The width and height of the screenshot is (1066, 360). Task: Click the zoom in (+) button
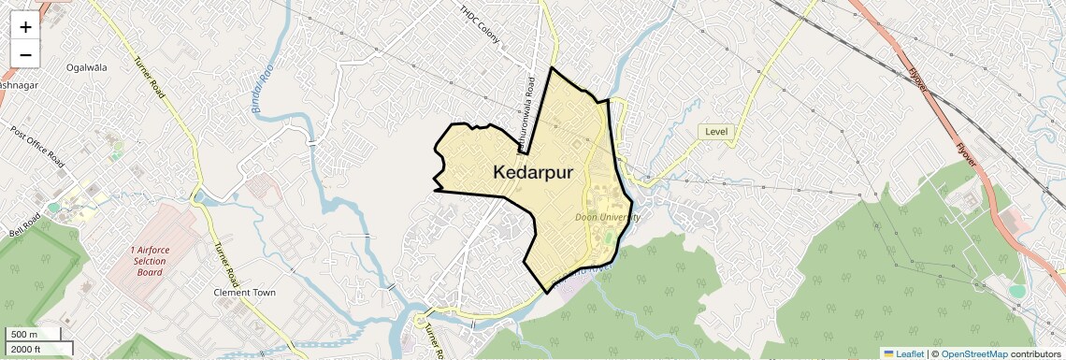25,27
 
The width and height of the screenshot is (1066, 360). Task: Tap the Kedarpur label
532,173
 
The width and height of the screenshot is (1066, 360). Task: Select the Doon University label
608,217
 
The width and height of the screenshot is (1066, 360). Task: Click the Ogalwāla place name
87,67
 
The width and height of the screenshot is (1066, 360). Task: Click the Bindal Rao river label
261,94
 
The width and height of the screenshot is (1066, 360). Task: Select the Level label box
716,132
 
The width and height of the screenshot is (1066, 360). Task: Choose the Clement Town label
245,293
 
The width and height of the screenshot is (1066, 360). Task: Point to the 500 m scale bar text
24,335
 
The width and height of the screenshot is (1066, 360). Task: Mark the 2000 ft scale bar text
26,349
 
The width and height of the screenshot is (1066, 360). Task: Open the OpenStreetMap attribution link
974,353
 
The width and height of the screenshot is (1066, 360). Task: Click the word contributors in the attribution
1035,353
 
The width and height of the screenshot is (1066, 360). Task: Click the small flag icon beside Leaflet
888,353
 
